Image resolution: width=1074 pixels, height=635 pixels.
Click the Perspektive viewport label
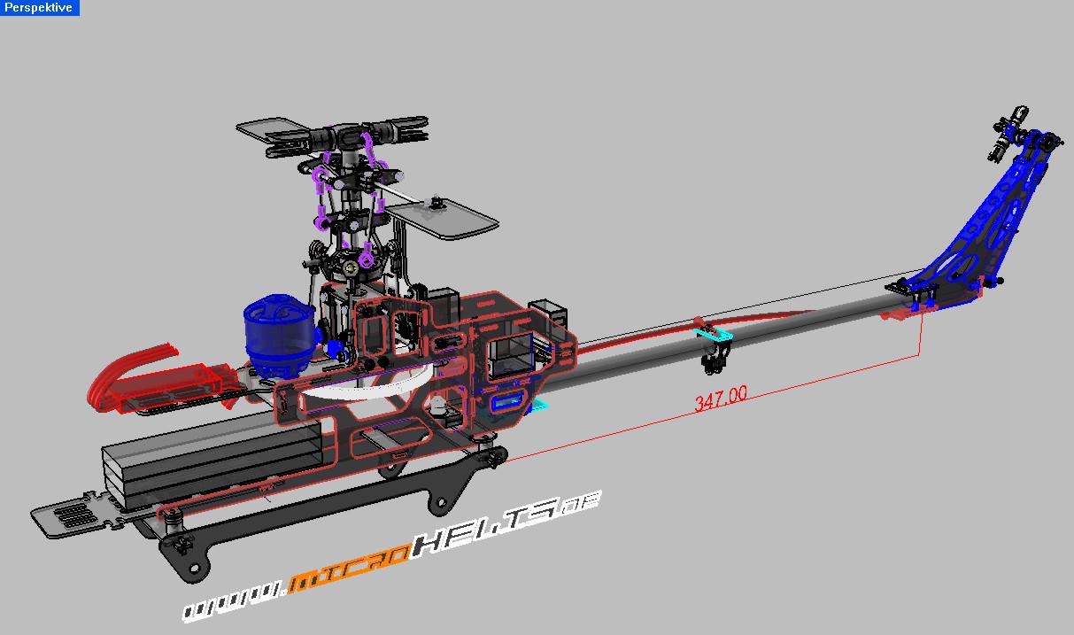(x=39, y=8)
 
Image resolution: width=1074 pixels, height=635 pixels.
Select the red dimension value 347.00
(x=721, y=399)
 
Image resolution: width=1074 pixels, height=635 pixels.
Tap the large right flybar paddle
(x=443, y=217)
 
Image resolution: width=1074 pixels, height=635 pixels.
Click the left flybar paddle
(x=270, y=131)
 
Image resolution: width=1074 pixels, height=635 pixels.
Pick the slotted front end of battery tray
(x=71, y=515)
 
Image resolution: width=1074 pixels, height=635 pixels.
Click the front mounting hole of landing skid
(x=196, y=567)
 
